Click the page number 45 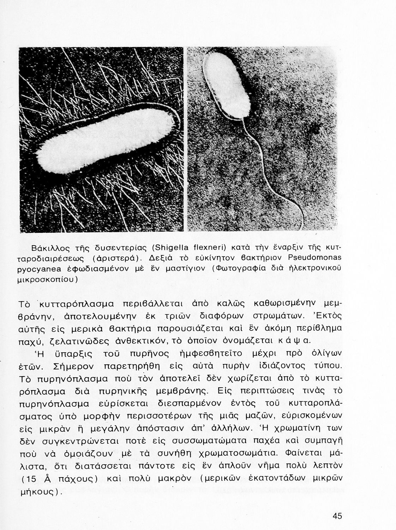tap(337, 516)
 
